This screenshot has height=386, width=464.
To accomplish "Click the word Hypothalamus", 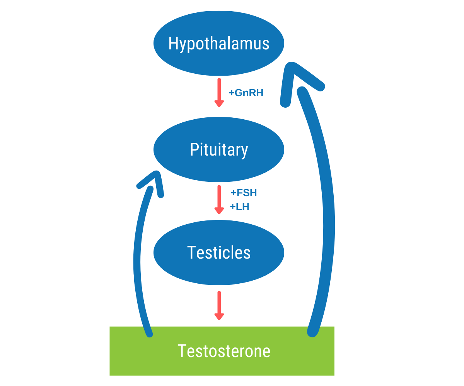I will [219, 44].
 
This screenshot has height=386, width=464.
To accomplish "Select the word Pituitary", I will [219, 150].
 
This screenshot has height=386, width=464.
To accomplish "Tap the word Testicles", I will [219, 252].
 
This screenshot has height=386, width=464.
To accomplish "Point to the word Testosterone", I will [224, 351].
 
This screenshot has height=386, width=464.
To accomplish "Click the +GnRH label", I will [246, 93].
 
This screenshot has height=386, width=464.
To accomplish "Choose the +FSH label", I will [244, 193].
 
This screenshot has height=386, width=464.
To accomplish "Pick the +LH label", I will [240, 207].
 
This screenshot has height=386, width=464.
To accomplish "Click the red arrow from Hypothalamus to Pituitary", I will [219, 92].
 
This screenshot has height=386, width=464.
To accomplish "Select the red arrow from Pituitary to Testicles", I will [219, 199].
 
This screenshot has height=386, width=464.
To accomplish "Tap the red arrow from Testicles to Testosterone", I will [219, 305].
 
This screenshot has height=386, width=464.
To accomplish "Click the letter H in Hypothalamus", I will [173, 44].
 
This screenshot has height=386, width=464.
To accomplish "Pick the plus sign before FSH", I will [233, 193].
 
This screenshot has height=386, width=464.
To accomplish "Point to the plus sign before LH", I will [232, 207].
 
